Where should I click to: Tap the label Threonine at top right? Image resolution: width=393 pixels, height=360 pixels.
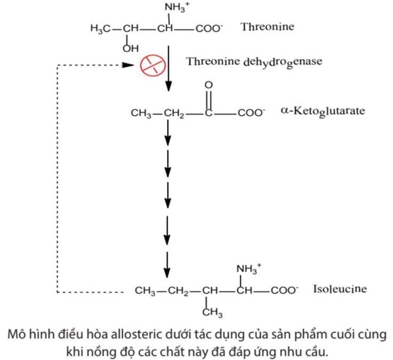(267, 27)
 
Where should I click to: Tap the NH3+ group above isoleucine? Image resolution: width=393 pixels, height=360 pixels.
(249, 269)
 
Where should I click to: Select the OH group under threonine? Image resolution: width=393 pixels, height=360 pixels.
(130, 47)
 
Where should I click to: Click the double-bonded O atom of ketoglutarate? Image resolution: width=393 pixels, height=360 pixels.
(208, 85)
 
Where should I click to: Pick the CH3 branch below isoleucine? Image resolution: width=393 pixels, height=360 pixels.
(212, 312)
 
